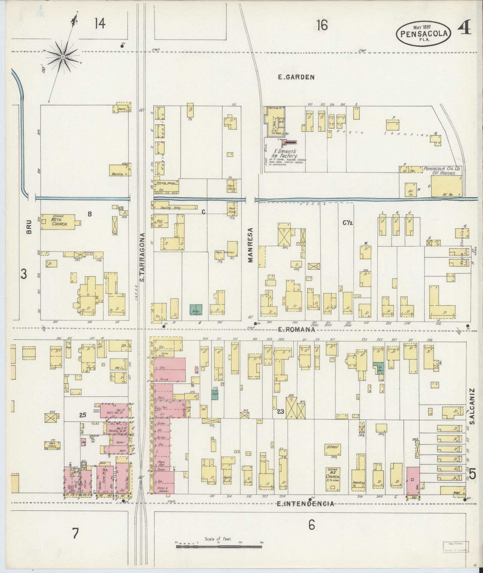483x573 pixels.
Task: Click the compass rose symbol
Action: [63, 57]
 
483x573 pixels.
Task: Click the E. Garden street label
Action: [296, 77]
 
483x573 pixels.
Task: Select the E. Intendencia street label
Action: [306, 504]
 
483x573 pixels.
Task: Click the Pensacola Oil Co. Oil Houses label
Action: [442, 171]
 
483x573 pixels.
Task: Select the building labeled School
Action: [333, 450]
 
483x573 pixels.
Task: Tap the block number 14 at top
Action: [100, 24]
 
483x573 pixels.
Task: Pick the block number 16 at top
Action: [322, 25]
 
